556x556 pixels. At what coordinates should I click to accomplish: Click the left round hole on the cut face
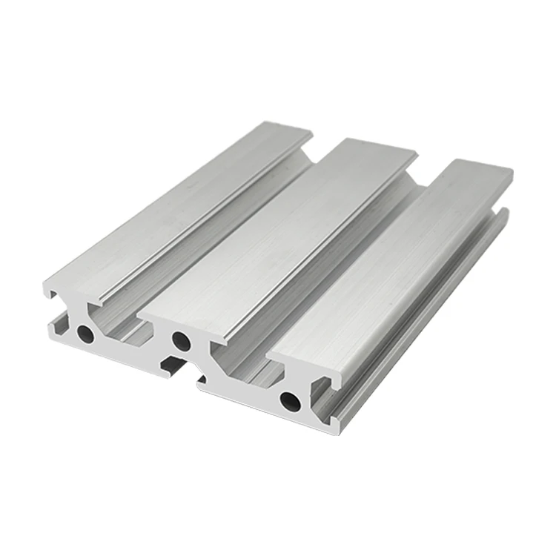[x=87, y=334]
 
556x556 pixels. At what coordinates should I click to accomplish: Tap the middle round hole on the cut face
[x=180, y=341]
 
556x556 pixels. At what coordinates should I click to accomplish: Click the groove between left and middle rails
[x=222, y=245]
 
